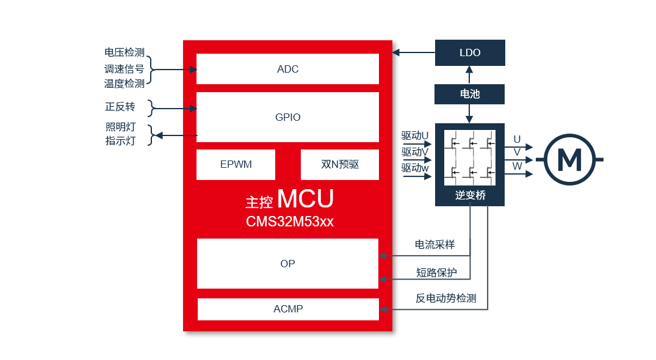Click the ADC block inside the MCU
(x=287, y=69)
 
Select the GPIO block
(x=287, y=117)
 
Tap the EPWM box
(x=236, y=165)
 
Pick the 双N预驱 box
(x=340, y=165)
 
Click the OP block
(x=287, y=264)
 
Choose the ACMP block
(x=288, y=309)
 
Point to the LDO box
(x=470, y=53)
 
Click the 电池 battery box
(x=470, y=94)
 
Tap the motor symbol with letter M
(x=570, y=160)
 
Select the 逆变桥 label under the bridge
(x=470, y=195)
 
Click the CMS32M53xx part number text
(x=290, y=221)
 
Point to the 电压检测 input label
(x=124, y=53)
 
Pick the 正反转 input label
(x=120, y=107)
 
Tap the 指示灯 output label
(x=120, y=141)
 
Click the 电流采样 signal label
(x=434, y=245)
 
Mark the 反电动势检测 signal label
(x=445, y=298)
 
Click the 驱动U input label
(x=415, y=135)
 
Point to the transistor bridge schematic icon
(x=470, y=157)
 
